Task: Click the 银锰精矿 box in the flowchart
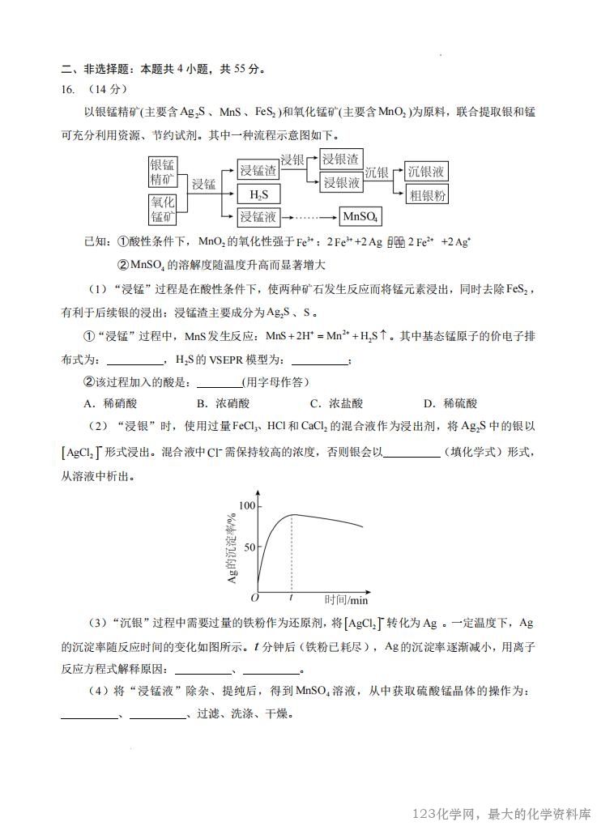click(162, 172)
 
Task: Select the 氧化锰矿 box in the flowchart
click(162, 209)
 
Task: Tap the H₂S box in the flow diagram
click(258, 194)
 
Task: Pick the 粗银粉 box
click(427, 194)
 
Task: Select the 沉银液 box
click(427, 172)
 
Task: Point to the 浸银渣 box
click(341, 160)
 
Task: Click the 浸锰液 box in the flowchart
click(258, 217)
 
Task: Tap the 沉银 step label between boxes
click(377, 172)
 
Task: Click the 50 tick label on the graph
click(248, 547)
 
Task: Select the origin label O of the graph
click(254, 598)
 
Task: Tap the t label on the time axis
click(291, 598)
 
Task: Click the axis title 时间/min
click(346, 600)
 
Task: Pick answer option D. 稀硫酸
click(450, 403)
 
